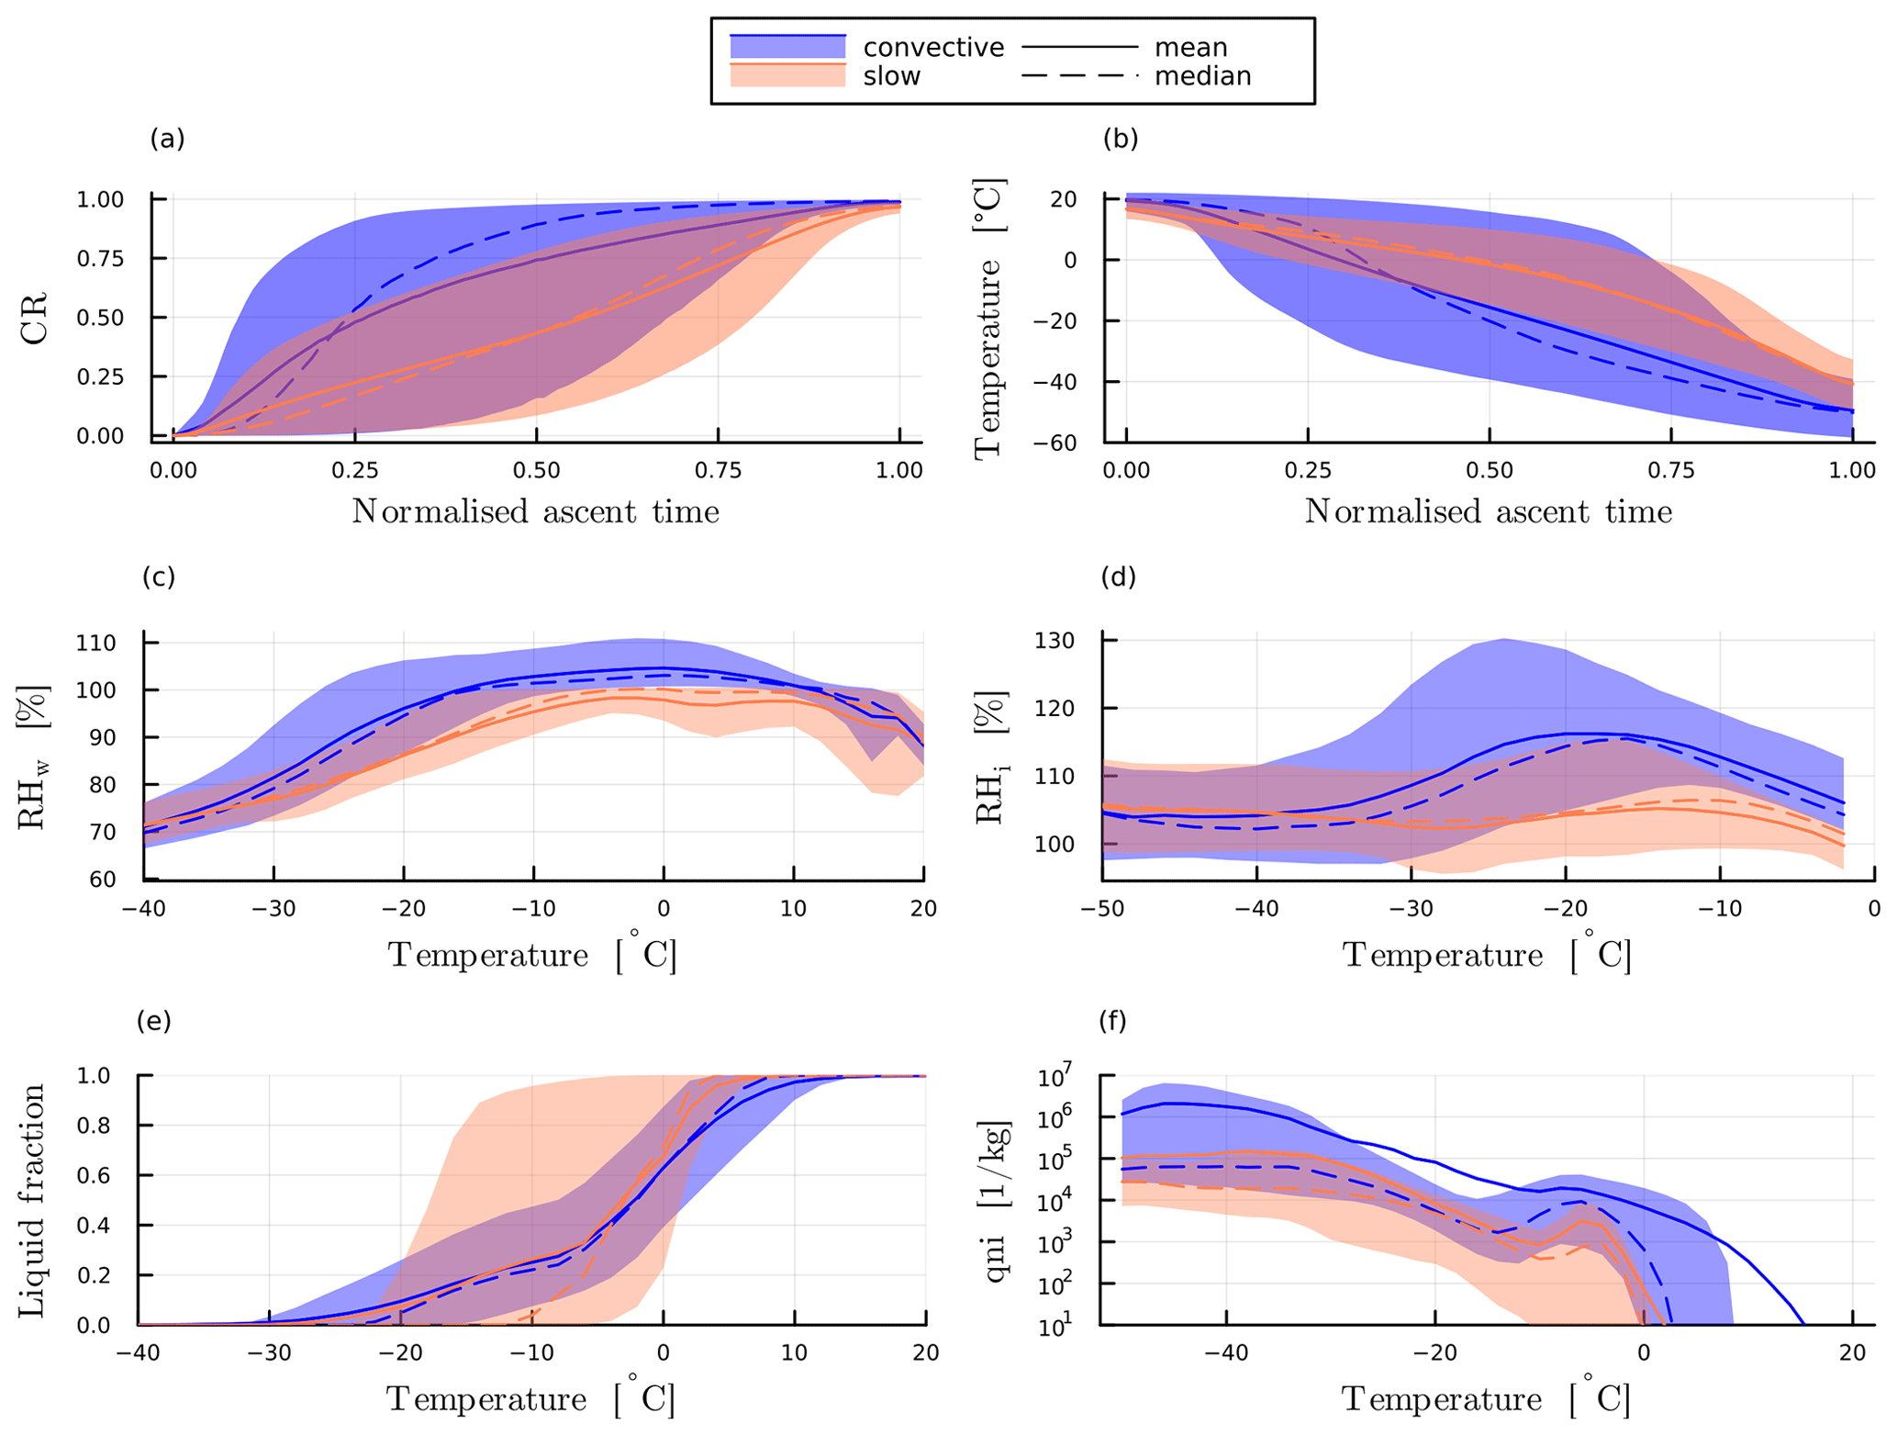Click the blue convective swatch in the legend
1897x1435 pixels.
pos(787,47)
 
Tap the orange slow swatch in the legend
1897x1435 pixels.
pos(787,75)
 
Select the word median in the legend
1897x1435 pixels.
pos(1202,76)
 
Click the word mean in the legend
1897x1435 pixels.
pos(1190,48)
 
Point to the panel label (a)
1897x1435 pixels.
pos(167,139)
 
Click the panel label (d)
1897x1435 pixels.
pos(1118,577)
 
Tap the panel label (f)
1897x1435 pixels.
pos(1112,1021)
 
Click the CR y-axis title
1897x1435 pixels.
pos(35,318)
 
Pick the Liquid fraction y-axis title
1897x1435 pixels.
pos(33,1200)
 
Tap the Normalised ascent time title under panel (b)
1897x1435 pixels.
pos(1488,511)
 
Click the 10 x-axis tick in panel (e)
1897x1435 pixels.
pos(794,1352)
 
